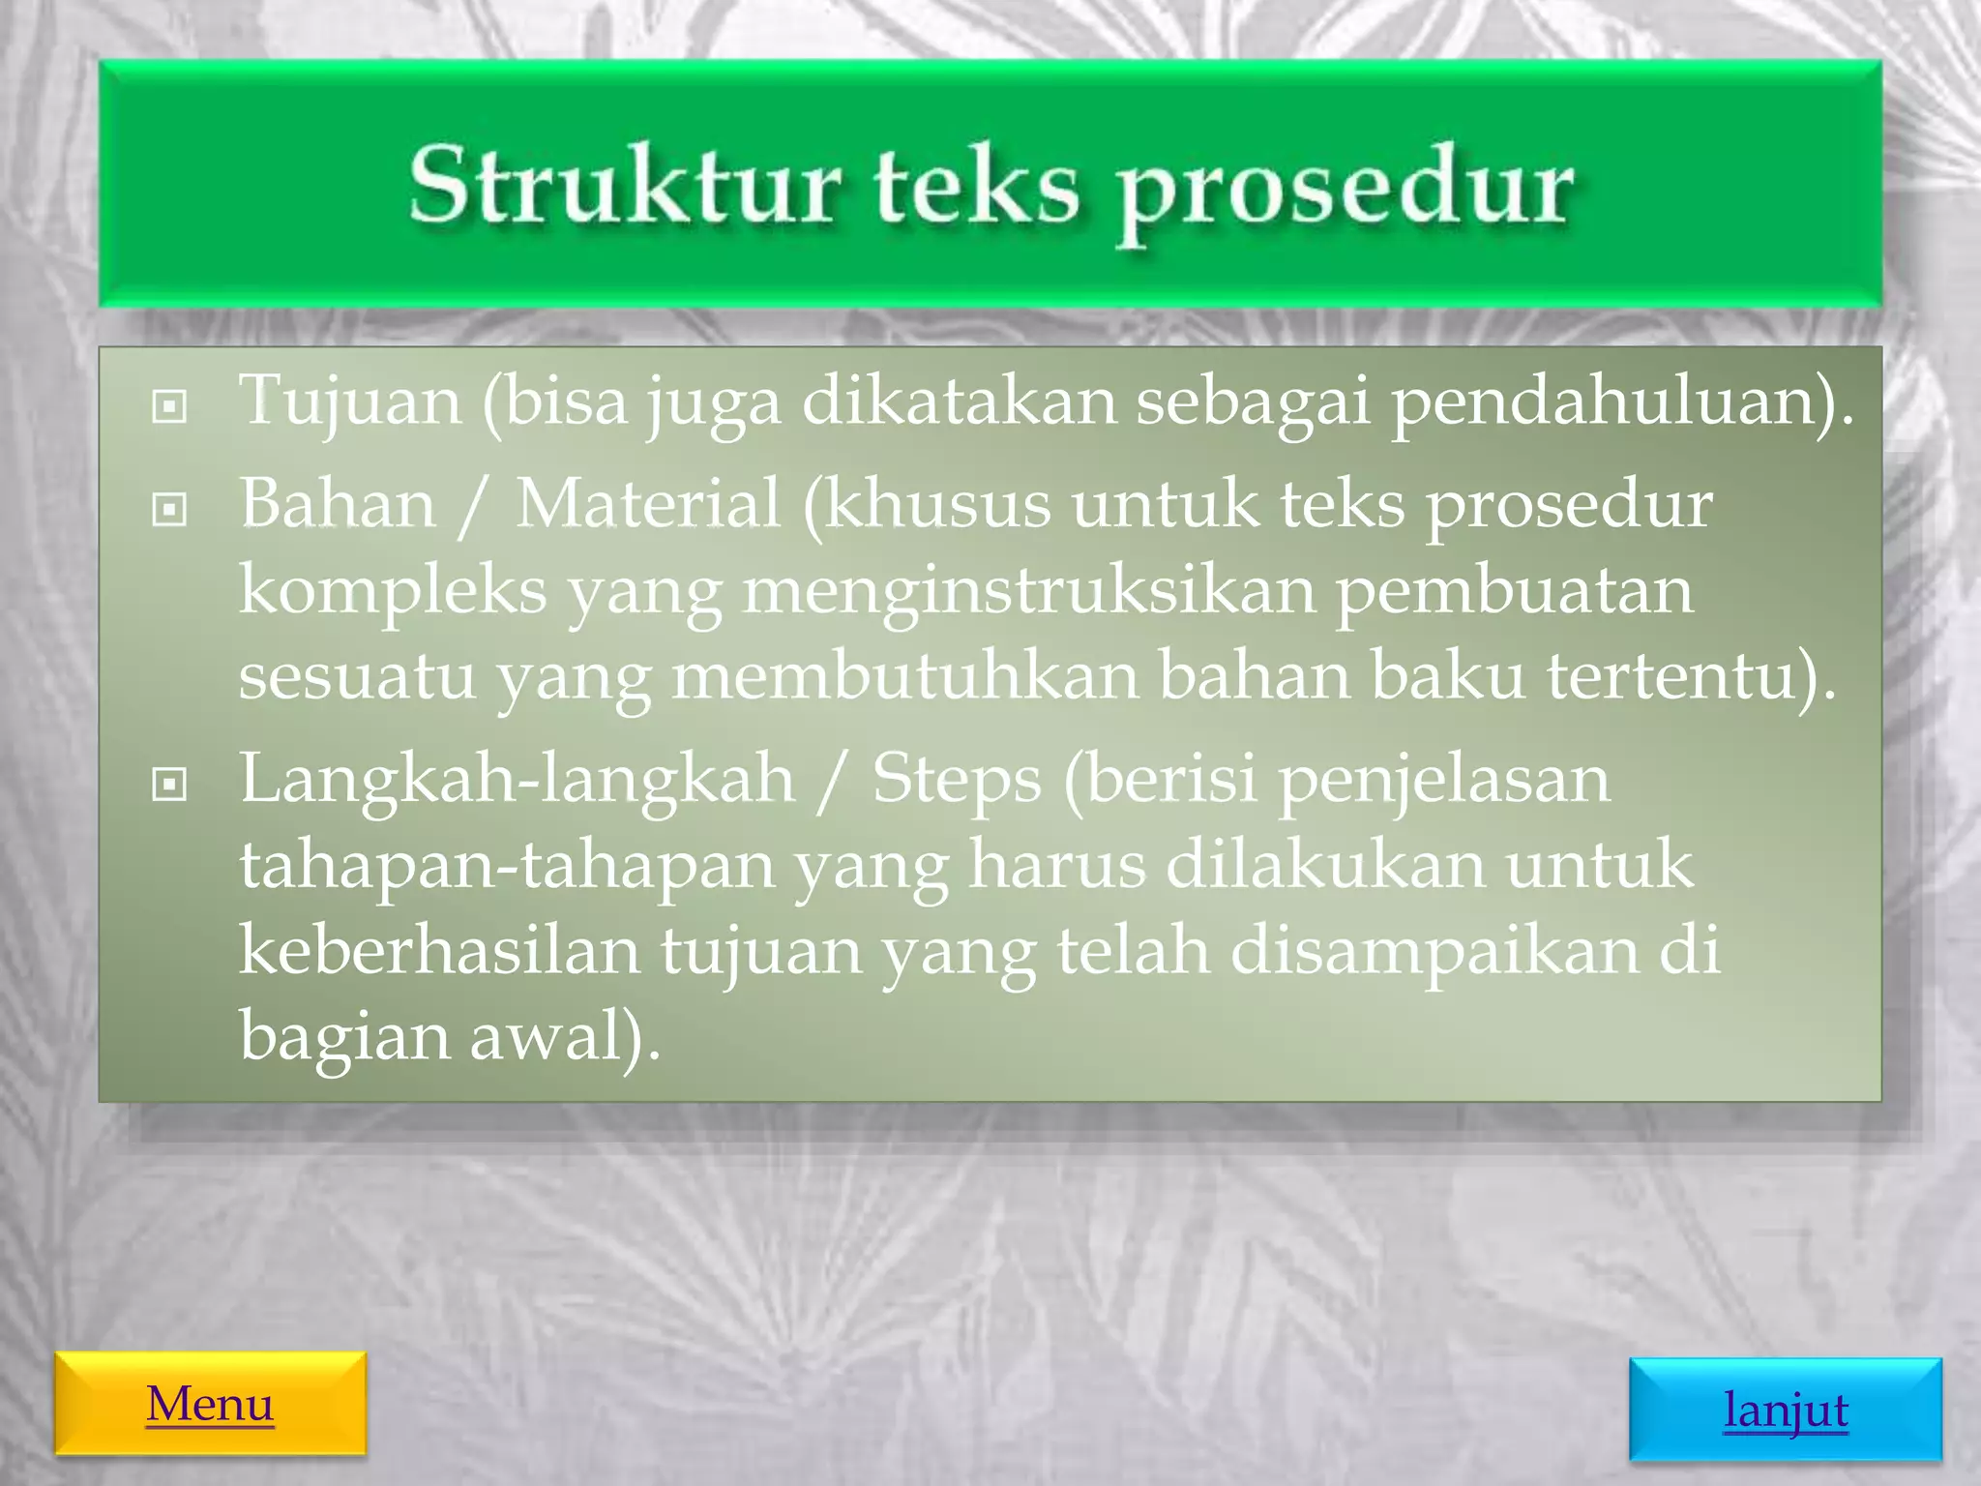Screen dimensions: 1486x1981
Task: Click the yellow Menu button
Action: tap(210, 1403)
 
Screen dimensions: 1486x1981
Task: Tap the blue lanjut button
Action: tap(1785, 1410)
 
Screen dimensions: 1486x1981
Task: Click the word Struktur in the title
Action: tap(624, 186)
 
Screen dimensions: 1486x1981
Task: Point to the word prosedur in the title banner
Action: tap(1345, 190)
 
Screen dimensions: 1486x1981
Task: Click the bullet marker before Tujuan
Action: tap(170, 406)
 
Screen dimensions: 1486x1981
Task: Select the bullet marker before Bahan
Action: tap(170, 509)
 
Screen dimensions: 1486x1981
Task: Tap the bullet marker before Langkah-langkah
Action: tap(170, 784)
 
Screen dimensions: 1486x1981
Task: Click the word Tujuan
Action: tap(350, 401)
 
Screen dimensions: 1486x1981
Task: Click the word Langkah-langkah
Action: tap(517, 780)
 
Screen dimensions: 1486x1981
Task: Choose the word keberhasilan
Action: tap(440, 950)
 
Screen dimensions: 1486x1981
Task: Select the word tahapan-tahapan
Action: tap(508, 865)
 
